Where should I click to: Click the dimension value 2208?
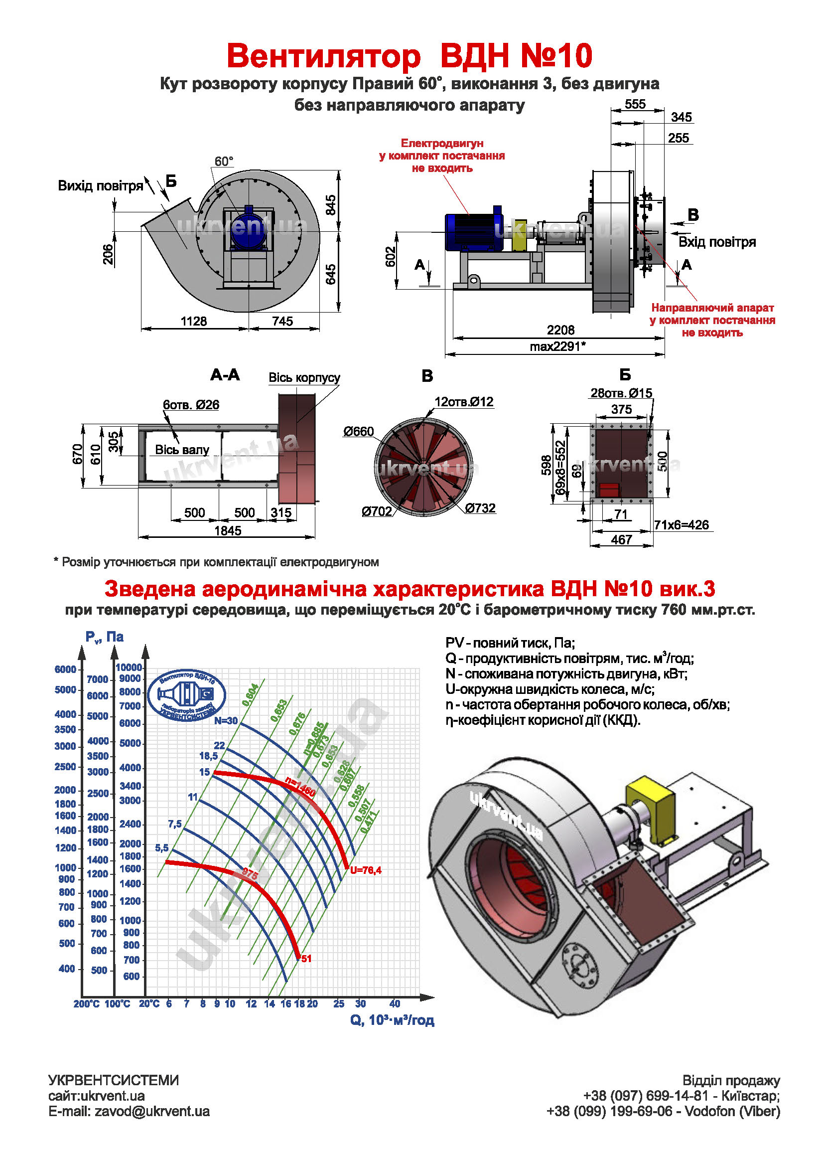point(560,330)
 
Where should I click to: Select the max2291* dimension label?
point(557,346)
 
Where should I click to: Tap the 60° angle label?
point(224,162)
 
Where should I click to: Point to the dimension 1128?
point(194,322)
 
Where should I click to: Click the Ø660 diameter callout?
point(359,432)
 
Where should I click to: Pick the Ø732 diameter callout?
point(480,508)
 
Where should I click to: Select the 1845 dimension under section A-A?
point(228,531)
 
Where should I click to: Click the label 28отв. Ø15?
point(621,393)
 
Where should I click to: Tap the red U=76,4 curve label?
point(366,870)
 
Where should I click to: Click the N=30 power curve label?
point(226,721)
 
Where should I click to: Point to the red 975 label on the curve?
point(250,873)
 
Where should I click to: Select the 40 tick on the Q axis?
point(395,1004)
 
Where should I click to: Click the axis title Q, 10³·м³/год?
point(393,1020)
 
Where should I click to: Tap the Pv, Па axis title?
point(105,637)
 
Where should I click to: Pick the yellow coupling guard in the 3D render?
point(650,814)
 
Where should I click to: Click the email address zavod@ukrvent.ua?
point(152,1112)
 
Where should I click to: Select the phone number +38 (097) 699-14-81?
point(646,1096)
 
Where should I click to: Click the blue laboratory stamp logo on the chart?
point(187,695)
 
